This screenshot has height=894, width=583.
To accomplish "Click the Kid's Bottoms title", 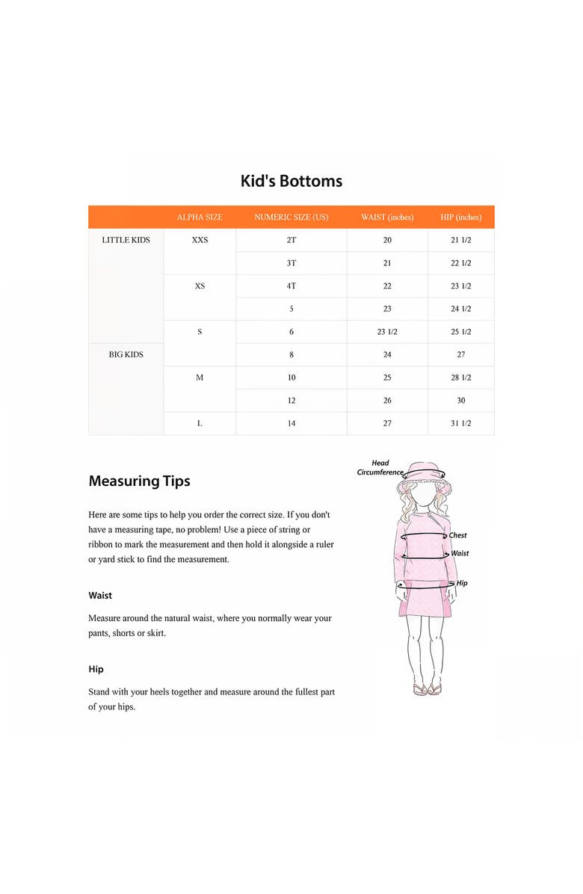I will click(291, 181).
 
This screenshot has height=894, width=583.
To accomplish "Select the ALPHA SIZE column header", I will click(200, 218).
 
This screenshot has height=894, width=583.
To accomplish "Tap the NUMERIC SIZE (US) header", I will click(291, 218).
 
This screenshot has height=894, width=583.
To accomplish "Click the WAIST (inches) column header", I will click(387, 218).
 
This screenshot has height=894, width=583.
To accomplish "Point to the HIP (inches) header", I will click(461, 218).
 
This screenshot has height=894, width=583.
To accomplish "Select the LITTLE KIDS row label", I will click(126, 240).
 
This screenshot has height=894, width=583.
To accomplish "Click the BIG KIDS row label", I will click(126, 354).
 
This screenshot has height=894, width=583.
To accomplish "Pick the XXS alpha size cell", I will click(200, 240).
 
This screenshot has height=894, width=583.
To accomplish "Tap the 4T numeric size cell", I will click(291, 286).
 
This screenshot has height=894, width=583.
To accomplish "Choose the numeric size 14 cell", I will click(291, 423).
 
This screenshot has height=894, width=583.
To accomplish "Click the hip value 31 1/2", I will click(461, 423).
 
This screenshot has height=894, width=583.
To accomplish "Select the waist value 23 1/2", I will click(387, 332).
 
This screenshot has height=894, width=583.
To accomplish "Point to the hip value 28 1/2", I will click(461, 377).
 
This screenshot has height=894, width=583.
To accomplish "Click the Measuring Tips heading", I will click(139, 481).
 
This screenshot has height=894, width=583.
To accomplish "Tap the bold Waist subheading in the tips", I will click(100, 596).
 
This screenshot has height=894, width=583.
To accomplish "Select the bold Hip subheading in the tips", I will click(96, 669).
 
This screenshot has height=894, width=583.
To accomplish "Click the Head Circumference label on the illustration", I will click(380, 468).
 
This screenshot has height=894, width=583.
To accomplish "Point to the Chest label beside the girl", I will click(458, 535).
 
